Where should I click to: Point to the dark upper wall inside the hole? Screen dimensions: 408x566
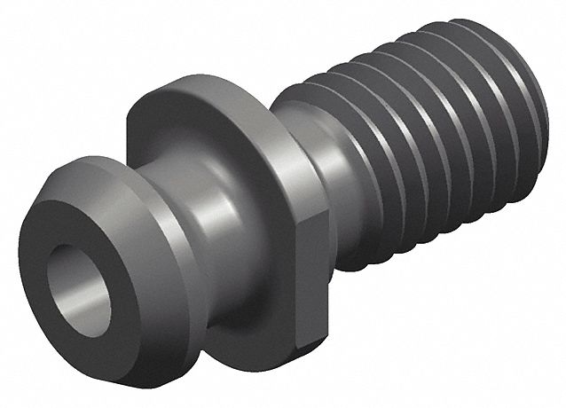click(x=71, y=262)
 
